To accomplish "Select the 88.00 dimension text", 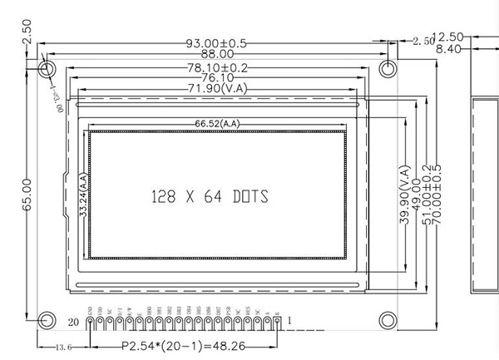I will [215, 55].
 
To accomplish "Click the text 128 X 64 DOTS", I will [210, 197].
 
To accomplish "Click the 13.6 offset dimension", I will [64, 347].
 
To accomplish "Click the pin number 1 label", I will [289, 320].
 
